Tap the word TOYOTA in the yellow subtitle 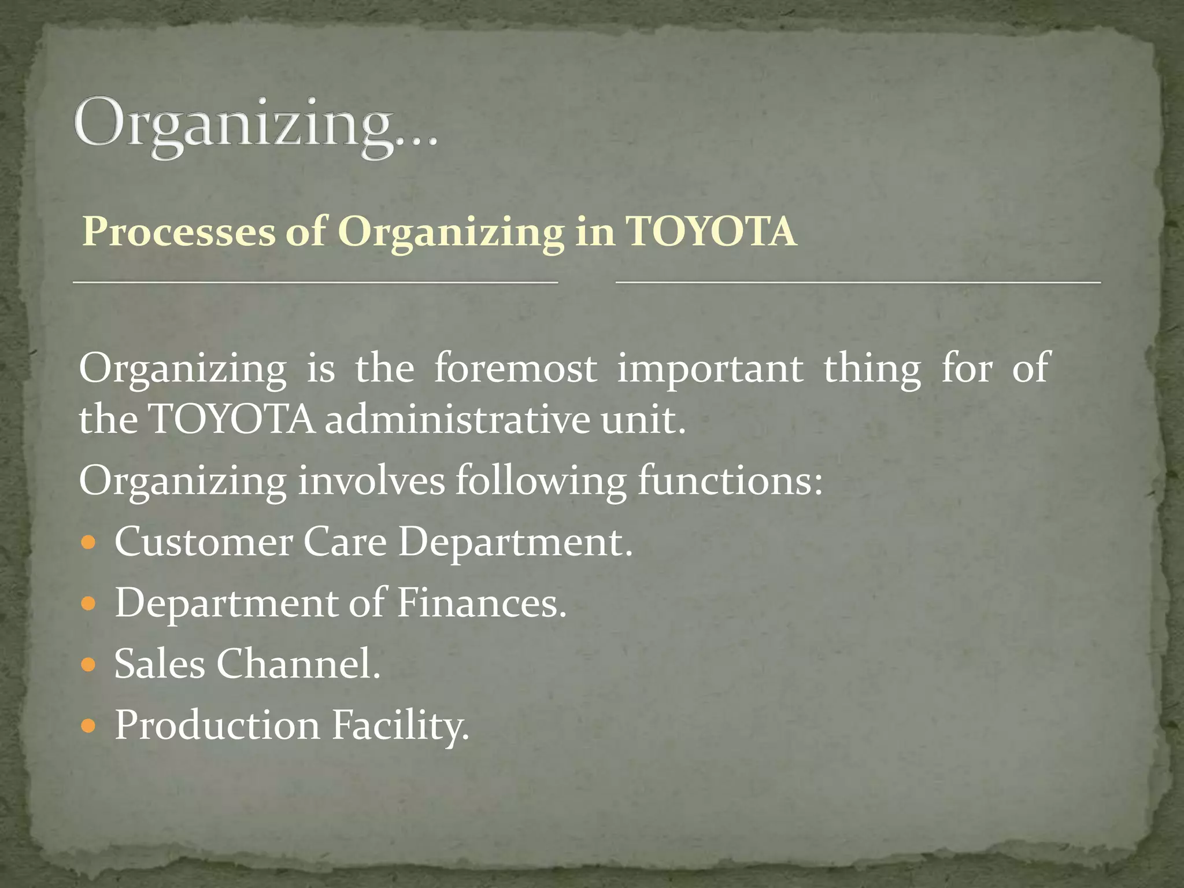(x=711, y=232)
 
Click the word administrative (x=457, y=420)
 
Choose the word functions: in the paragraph (x=730, y=480)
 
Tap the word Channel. (x=298, y=664)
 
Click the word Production (x=217, y=725)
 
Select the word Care (x=345, y=543)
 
